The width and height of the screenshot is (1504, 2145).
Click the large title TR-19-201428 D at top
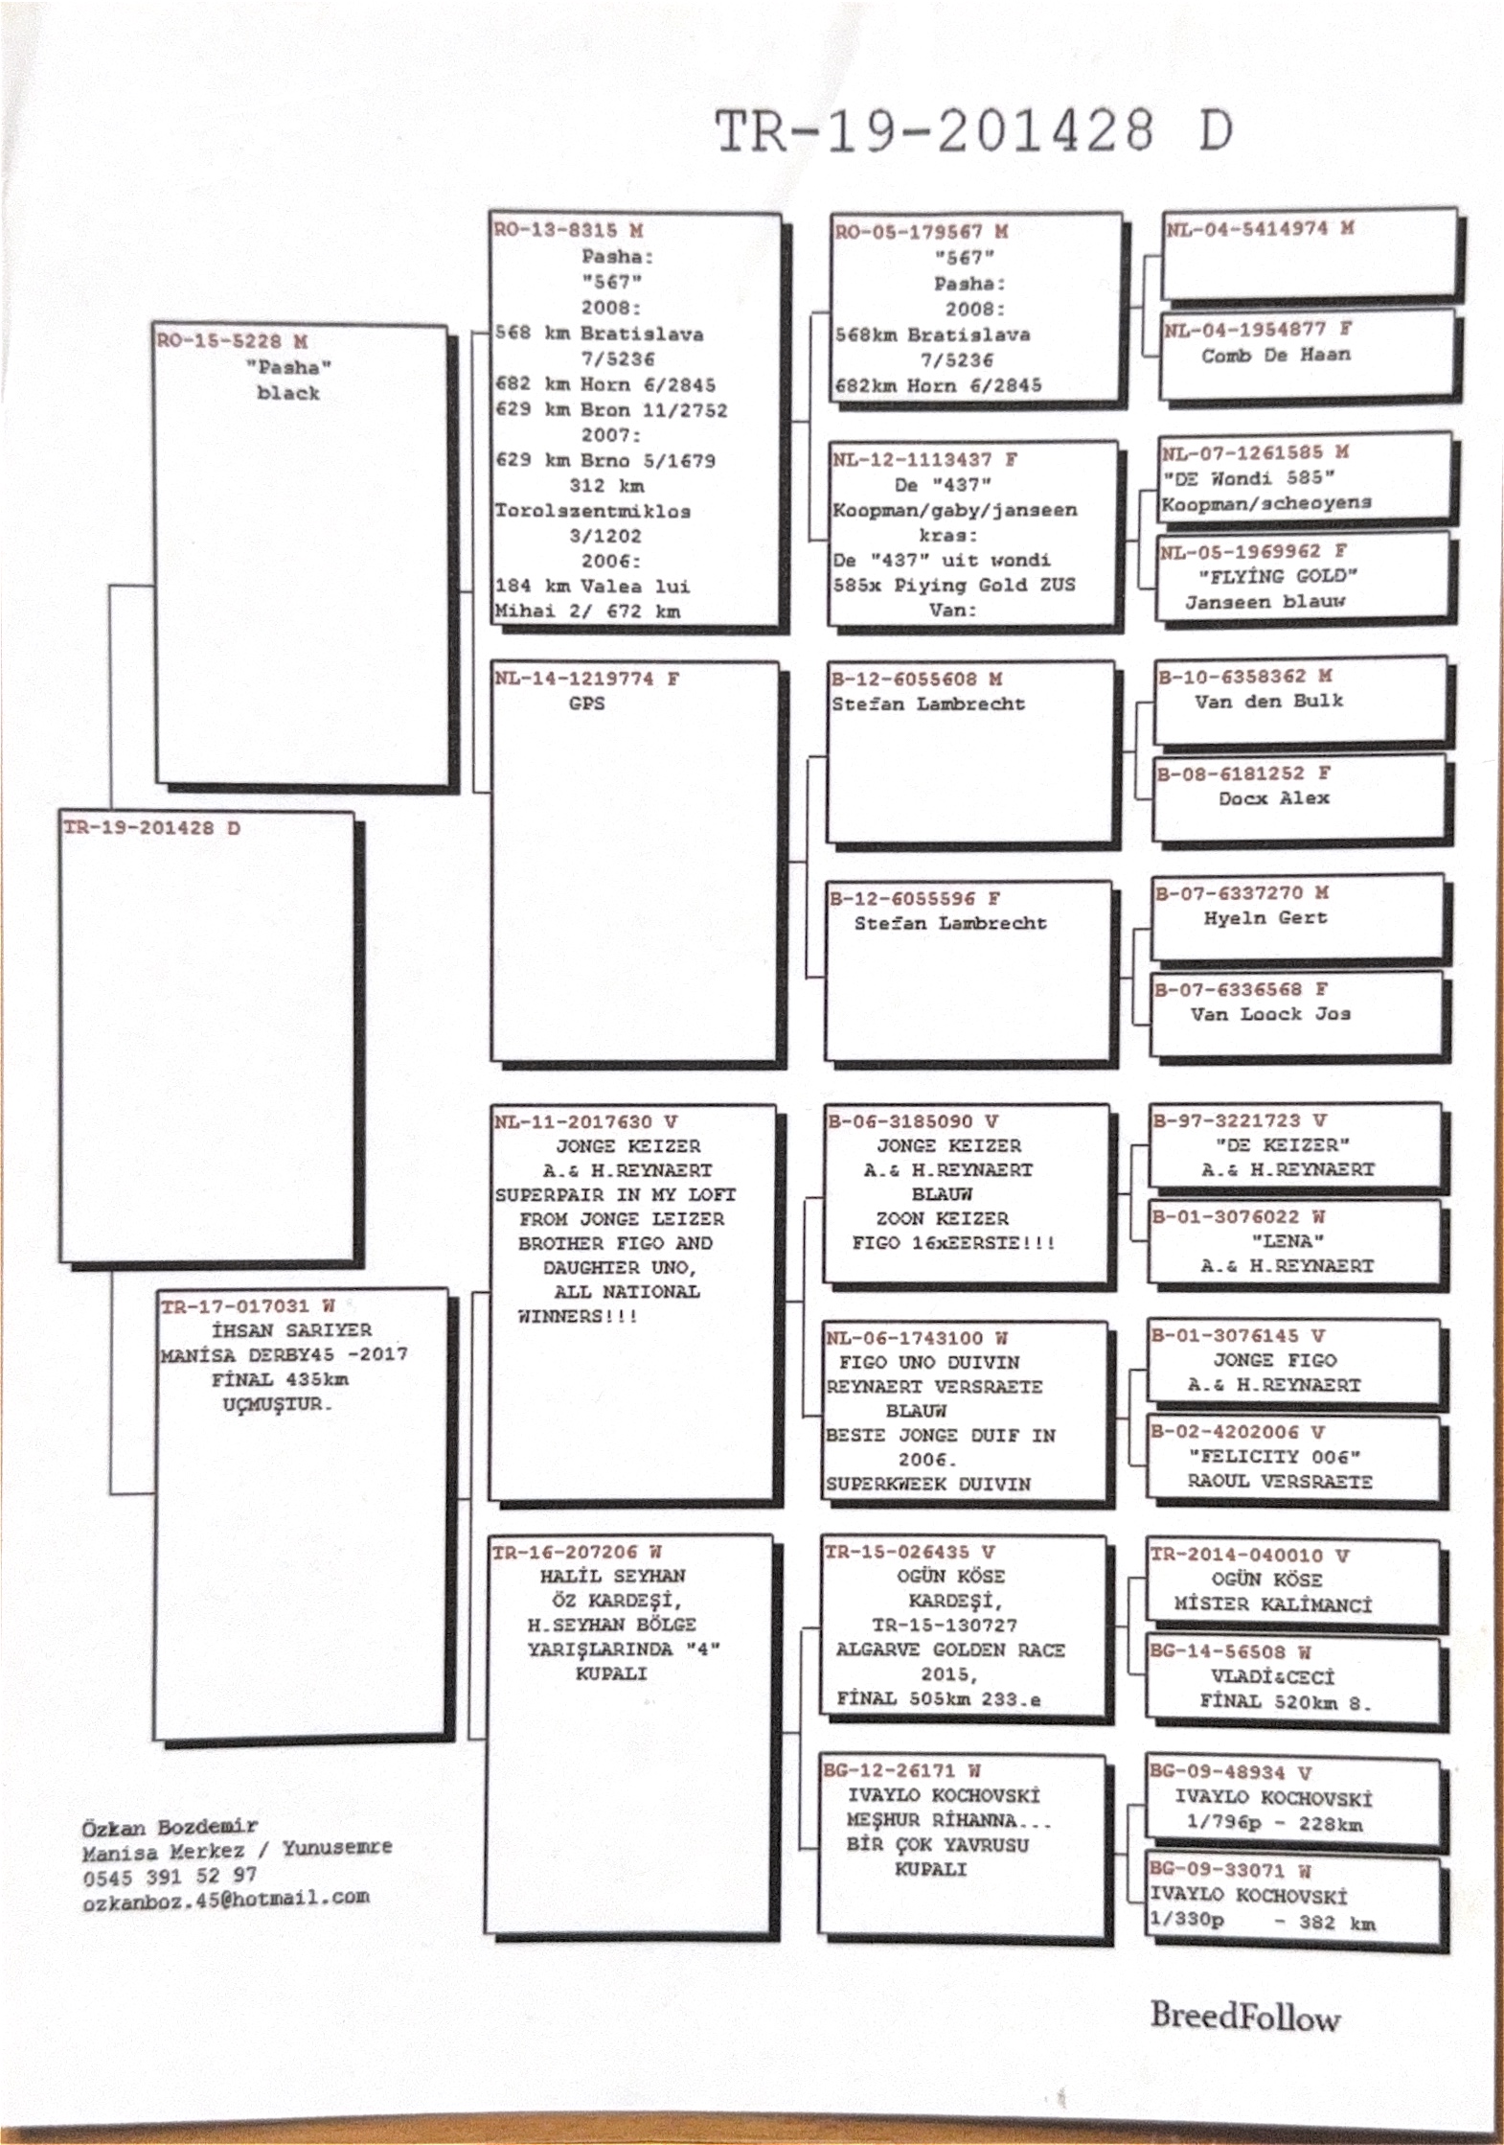[x=973, y=131]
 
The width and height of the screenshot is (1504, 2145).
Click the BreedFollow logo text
[x=1244, y=2015]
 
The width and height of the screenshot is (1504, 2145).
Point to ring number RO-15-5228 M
[x=233, y=341]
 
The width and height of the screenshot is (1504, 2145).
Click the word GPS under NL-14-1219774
[x=586, y=703]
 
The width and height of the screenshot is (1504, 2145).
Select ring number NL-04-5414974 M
[x=1259, y=228]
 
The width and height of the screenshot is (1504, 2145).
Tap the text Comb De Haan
[x=1275, y=355]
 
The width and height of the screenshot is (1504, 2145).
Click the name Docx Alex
[x=1273, y=797]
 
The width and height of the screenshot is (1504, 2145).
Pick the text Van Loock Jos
[x=1269, y=1013]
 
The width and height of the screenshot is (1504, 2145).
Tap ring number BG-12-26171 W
[x=901, y=1770]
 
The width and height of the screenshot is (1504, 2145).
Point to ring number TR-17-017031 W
[x=247, y=1305]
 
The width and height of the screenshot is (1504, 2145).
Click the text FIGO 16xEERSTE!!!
[x=953, y=1243]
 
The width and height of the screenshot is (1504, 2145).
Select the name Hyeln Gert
[x=1265, y=917]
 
